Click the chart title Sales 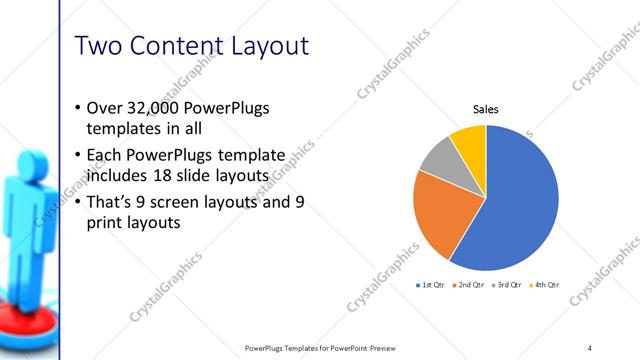pyautogui.click(x=485, y=110)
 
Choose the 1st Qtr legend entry pyautogui.click(x=432, y=285)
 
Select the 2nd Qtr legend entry pyautogui.click(x=471, y=285)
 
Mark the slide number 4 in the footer pyautogui.click(x=590, y=347)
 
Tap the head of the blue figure pyautogui.click(x=29, y=159)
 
